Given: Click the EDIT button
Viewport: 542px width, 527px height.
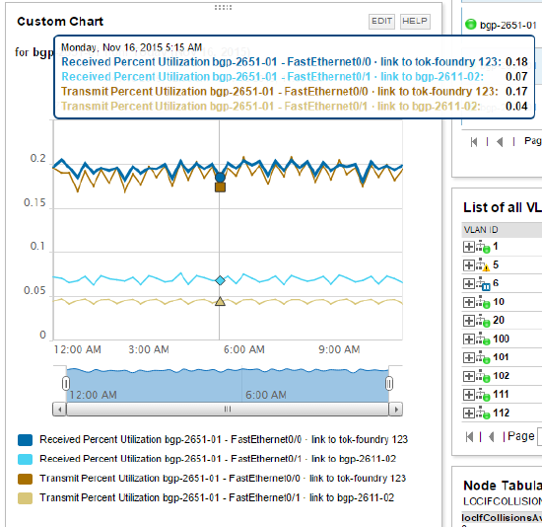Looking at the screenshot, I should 381,21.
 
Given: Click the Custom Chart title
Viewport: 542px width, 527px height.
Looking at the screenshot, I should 61,21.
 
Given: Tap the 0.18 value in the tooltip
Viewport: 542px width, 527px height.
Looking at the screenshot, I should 516,61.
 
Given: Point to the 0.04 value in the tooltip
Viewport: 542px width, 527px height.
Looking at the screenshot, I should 516,106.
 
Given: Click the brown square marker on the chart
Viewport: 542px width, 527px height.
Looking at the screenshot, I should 220,187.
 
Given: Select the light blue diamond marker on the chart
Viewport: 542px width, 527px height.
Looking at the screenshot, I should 220,281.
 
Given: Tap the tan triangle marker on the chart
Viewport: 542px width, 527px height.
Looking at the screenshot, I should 220,302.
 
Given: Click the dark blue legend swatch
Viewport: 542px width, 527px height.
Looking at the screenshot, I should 26,439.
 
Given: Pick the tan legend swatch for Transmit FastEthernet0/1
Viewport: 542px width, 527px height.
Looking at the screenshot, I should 26,498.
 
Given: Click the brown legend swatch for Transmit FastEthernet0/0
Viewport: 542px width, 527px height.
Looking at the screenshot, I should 26,479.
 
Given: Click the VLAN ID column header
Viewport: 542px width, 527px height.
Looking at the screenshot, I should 480,229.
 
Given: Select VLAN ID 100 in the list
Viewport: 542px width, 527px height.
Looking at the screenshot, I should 501,339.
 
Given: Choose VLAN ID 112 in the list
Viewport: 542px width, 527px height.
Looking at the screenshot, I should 501,413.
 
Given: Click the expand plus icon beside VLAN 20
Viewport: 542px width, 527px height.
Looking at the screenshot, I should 469,320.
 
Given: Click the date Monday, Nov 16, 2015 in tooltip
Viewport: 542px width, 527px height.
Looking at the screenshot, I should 130,46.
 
